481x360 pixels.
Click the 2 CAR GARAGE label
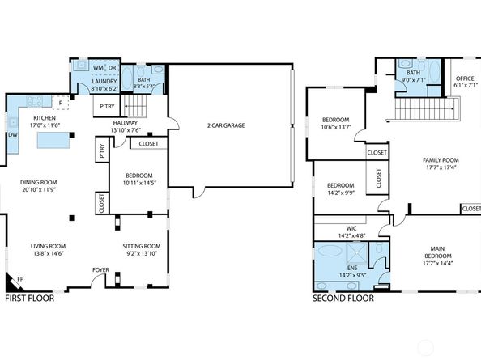(226, 125)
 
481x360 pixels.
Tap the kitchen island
(53, 140)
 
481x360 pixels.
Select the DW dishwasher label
(13, 135)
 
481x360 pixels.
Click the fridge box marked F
(61, 103)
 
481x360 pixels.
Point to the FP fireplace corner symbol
(14, 283)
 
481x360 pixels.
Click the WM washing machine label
(98, 67)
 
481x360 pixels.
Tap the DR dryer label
(113, 68)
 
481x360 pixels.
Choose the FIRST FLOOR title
(30, 298)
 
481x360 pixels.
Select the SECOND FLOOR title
(343, 298)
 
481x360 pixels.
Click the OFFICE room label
(465, 78)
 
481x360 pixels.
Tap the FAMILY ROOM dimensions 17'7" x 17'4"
(441, 167)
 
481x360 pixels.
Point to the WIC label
(351, 229)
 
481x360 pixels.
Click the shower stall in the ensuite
(357, 253)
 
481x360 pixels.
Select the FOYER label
(100, 270)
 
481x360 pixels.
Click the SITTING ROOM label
(142, 246)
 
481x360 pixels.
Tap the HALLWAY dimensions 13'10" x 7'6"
(126, 130)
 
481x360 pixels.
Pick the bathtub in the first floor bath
(127, 78)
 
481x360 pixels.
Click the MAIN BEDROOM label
(438, 252)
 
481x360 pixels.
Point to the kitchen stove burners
(35, 101)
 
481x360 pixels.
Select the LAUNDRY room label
(104, 81)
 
